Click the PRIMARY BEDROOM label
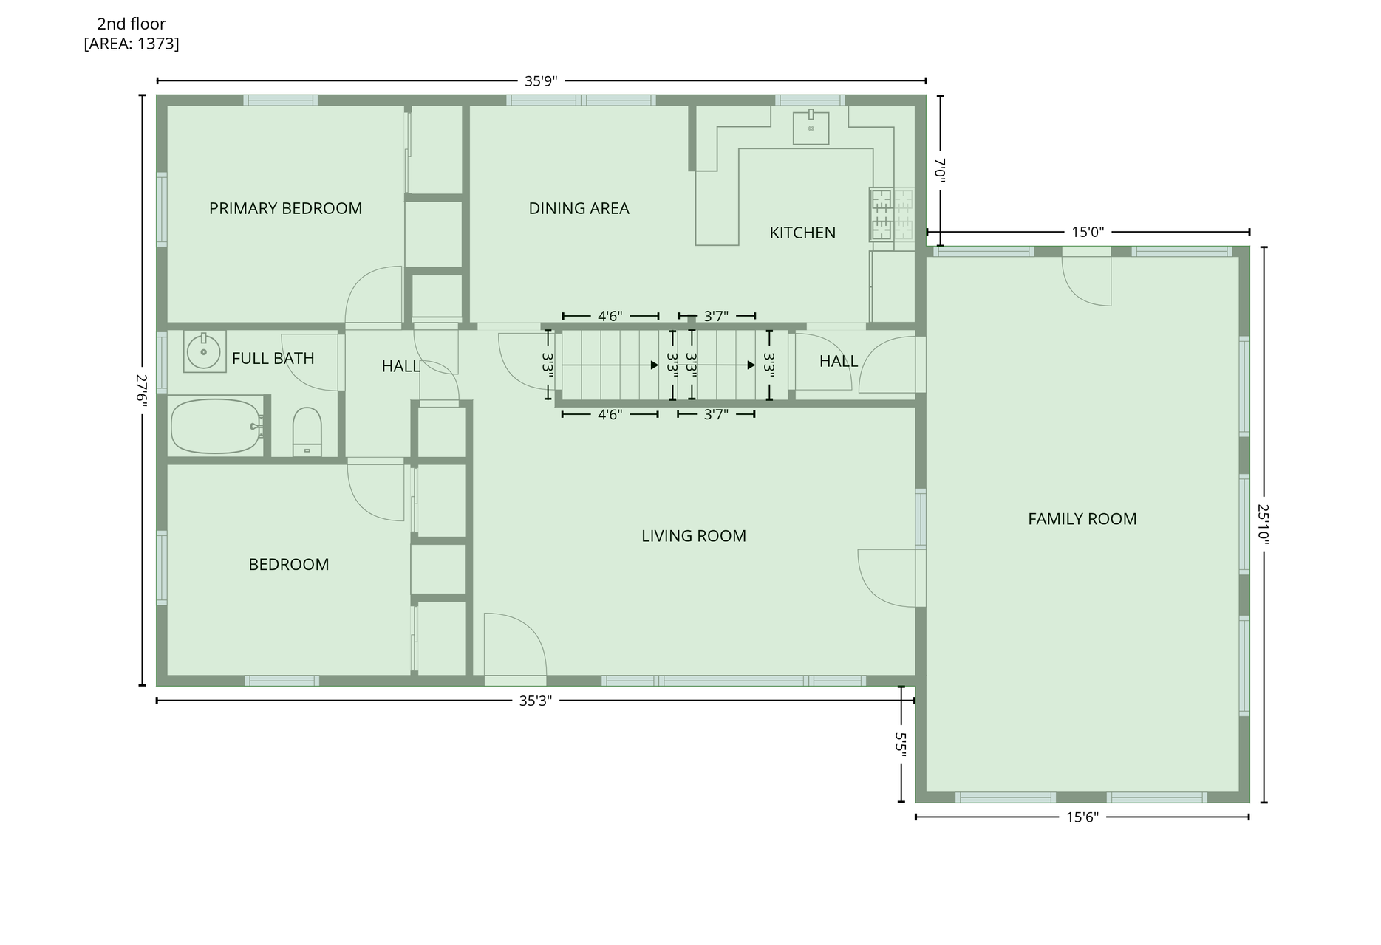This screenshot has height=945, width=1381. pos(285,208)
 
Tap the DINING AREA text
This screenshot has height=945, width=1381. pos(579,208)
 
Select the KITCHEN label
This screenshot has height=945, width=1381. pos(802,233)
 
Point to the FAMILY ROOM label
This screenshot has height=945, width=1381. pos(1082,519)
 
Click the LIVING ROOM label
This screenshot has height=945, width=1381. pos(693,536)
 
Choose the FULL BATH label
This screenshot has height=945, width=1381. pos(273,358)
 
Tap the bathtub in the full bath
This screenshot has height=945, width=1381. pos(217,426)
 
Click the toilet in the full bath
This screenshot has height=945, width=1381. pos(307,433)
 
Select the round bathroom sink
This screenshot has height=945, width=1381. pos(204,351)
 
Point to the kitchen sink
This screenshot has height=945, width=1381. pos(811,128)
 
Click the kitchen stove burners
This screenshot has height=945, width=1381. pos(882,215)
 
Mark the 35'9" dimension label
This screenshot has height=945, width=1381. pos(540,81)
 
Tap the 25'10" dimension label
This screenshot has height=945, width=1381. pos(1264,525)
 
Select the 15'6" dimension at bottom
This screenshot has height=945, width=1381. pos(1082,817)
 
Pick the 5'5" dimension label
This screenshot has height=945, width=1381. pos(901,744)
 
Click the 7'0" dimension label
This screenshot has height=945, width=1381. pos(940,170)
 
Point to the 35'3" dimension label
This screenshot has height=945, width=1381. pos(535,701)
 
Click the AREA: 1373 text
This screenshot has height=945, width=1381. pos(132,44)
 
